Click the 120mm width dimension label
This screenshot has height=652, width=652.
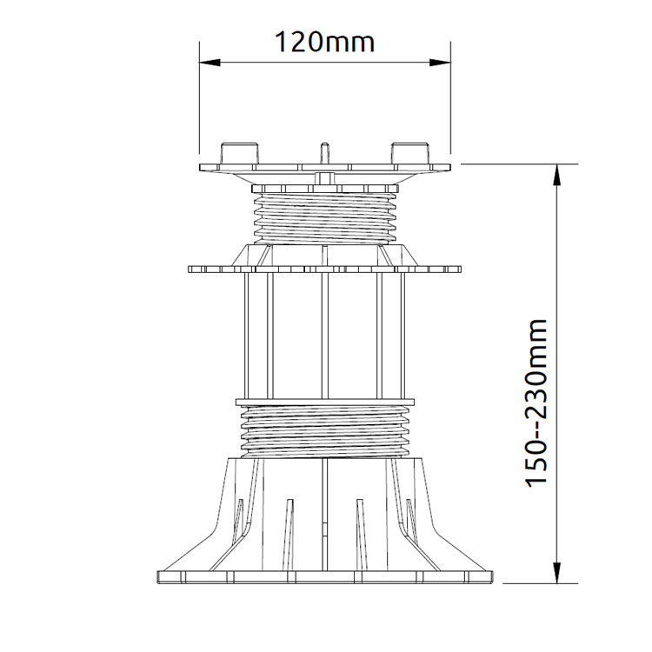click(x=325, y=43)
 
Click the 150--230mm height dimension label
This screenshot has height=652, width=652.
click(x=536, y=403)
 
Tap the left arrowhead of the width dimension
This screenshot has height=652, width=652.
click(x=210, y=63)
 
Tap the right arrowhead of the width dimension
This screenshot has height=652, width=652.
click(x=440, y=63)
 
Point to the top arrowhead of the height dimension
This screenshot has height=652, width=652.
click(x=556, y=175)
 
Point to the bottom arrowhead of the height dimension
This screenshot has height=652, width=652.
click(x=556, y=573)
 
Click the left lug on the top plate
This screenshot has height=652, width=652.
click(x=240, y=153)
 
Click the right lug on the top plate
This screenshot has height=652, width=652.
click(x=410, y=153)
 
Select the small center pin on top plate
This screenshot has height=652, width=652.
click(x=325, y=153)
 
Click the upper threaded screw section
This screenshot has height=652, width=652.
click(x=325, y=218)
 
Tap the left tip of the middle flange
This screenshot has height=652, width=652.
click(x=189, y=269)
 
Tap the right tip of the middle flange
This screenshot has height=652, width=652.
click(x=461, y=269)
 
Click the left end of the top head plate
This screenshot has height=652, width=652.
click(x=200, y=168)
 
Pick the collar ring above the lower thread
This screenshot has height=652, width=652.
click(x=325, y=403)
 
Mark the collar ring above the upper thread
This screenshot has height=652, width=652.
click(x=325, y=189)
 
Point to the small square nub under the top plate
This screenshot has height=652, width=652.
click(x=325, y=178)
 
